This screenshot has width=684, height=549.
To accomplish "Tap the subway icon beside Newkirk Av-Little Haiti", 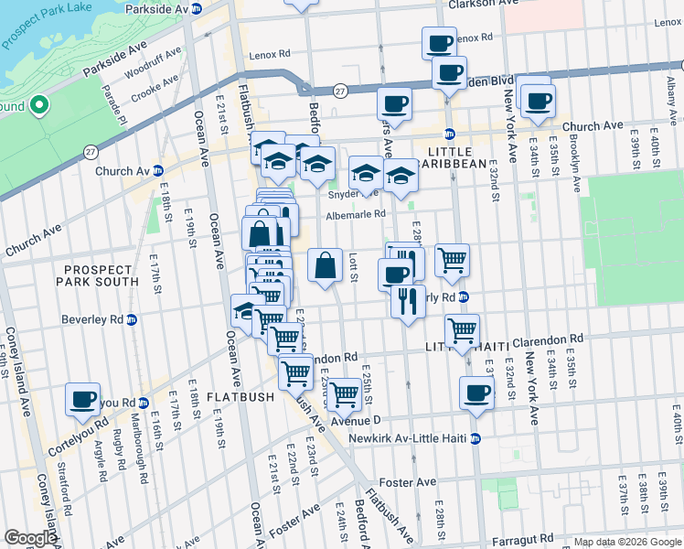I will [x=475, y=439].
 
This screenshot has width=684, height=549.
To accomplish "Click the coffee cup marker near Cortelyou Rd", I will [x=83, y=399].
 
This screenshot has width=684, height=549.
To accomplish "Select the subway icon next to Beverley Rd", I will [x=131, y=320].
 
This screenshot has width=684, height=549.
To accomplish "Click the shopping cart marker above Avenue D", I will [x=344, y=394].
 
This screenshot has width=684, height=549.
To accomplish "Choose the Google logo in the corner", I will [x=30, y=538].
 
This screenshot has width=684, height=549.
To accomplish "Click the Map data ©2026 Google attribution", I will [x=627, y=542].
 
